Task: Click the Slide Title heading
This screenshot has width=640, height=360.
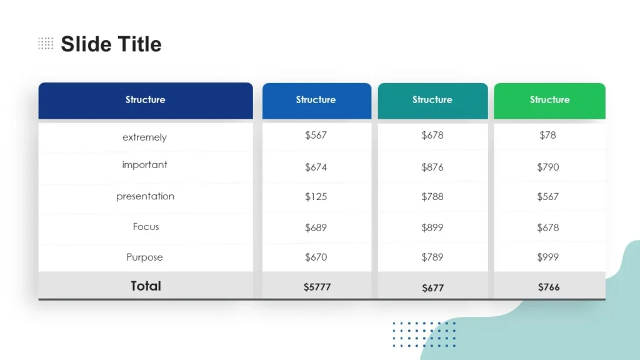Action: click(111, 44)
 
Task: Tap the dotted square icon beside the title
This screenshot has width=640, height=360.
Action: click(46, 43)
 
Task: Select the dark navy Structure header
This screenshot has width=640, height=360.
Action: click(145, 100)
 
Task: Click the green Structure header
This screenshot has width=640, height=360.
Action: click(549, 100)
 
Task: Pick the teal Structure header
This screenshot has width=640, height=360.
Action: click(432, 100)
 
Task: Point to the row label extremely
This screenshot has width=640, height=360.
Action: click(144, 137)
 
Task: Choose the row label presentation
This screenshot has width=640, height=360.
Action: click(145, 196)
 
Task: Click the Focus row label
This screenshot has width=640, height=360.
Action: click(146, 227)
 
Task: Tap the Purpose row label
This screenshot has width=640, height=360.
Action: click(144, 257)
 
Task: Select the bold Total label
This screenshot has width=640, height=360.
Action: click(146, 286)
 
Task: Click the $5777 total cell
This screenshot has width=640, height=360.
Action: click(317, 287)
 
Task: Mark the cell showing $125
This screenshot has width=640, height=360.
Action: click(316, 197)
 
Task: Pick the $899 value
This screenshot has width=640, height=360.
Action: click(432, 228)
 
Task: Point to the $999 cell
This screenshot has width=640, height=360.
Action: click(548, 257)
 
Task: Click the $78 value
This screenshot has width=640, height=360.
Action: click(547, 135)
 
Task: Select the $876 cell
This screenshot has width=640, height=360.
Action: click(432, 167)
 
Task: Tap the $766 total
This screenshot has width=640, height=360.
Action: click(549, 287)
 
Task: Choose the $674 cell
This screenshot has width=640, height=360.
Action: click(316, 167)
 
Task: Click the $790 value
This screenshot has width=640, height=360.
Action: click(548, 167)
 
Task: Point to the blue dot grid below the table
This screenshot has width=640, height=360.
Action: click(424, 334)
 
